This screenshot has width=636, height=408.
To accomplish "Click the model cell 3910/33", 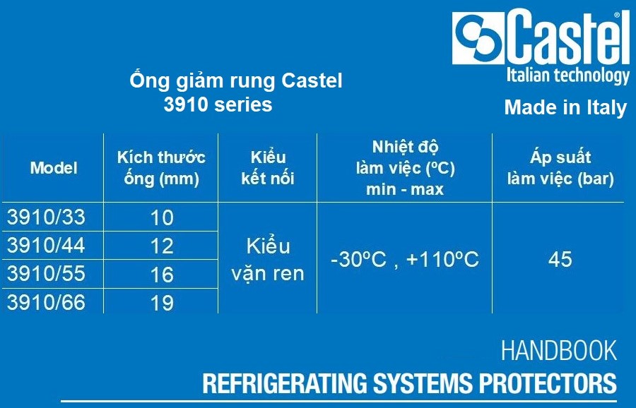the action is click(x=46, y=217).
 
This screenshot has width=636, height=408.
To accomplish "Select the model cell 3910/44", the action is click(x=46, y=245).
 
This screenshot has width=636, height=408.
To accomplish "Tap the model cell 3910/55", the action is click(x=46, y=273).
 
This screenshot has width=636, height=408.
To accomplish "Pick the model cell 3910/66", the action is click(x=46, y=302).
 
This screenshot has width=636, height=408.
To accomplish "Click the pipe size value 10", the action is click(x=162, y=217).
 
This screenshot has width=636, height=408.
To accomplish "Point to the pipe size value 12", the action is click(x=162, y=246).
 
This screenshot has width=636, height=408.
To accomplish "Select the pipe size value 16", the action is click(x=162, y=275).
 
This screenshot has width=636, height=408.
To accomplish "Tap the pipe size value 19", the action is click(x=162, y=303).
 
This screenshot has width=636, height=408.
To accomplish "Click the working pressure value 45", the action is click(x=560, y=259).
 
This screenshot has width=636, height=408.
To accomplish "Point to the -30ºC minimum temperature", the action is click(x=358, y=259).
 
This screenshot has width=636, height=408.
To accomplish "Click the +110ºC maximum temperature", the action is click(x=442, y=259).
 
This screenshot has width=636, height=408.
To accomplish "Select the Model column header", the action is click(x=54, y=168).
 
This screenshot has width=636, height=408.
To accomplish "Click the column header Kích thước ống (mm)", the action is click(x=161, y=168).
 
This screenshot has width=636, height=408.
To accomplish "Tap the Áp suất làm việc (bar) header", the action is click(x=560, y=168).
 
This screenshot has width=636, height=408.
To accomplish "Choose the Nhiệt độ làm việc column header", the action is click(x=405, y=168).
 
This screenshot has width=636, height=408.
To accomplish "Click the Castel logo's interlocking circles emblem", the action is click(x=478, y=37).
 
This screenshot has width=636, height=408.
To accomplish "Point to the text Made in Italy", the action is click(x=566, y=108).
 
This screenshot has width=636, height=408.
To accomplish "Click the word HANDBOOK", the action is click(x=559, y=350).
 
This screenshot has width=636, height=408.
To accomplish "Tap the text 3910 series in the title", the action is click(x=218, y=104).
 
